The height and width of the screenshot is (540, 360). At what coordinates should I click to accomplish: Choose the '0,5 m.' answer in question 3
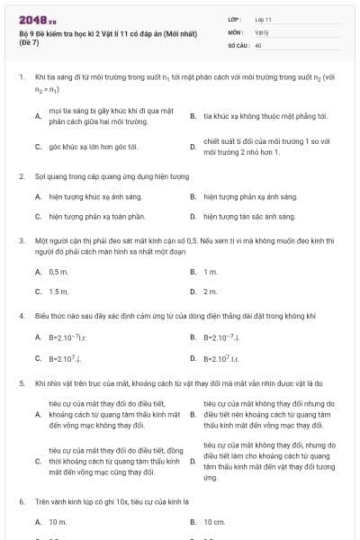[x=58, y=271]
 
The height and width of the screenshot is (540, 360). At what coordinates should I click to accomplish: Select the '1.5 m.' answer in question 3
[x=58, y=292]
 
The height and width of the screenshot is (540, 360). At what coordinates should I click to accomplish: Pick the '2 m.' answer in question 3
[x=211, y=292]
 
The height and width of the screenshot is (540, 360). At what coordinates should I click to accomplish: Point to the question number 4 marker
[x=21, y=317]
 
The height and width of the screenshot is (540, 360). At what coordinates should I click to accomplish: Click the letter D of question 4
[x=193, y=359]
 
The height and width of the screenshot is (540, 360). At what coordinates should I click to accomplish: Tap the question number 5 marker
[x=21, y=384]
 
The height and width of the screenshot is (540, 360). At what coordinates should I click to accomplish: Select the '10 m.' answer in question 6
[x=58, y=522]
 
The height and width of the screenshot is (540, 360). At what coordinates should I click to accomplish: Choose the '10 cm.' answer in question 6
[x=214, y=522]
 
